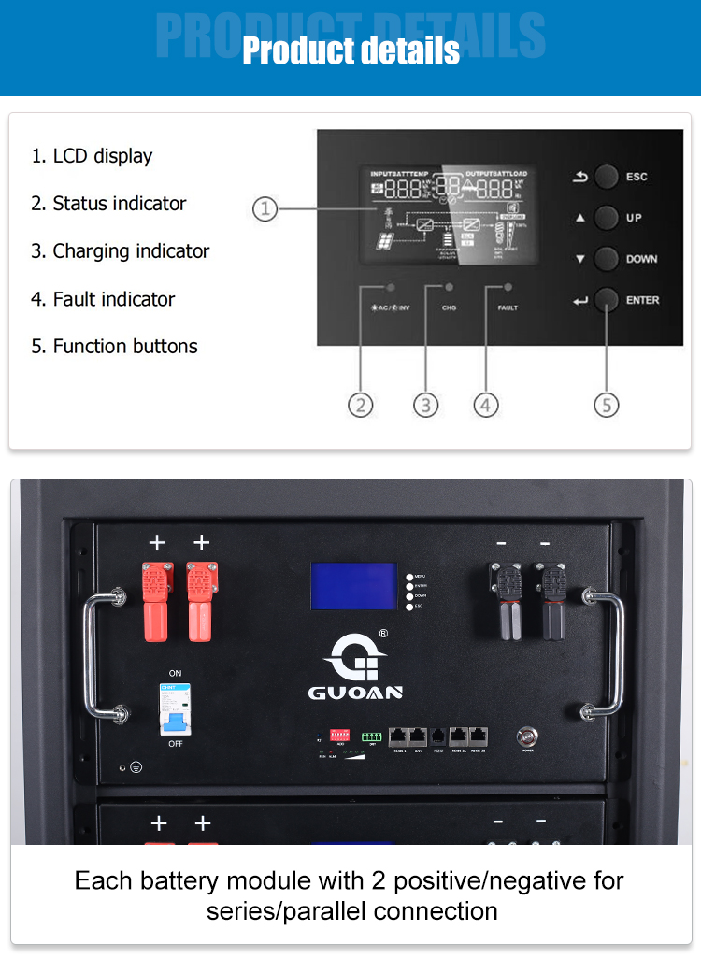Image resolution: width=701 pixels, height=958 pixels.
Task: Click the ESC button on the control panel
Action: coord(607,177)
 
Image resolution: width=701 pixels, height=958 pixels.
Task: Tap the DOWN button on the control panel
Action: coord(607,259)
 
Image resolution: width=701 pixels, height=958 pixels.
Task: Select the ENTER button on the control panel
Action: coord(607,300)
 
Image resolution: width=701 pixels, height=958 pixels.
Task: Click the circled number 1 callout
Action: coord(265,209)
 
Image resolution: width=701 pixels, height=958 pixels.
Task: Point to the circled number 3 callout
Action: coord(425,405)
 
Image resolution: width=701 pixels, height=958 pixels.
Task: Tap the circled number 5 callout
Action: coord(607,405)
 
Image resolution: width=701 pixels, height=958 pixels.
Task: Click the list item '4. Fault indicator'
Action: coord(103,299)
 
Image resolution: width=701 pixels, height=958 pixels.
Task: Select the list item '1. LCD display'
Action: coord(92,156)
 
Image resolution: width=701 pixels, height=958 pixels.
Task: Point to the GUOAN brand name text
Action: coord(355,693)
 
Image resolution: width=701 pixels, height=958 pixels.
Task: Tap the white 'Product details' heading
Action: coord(350,50)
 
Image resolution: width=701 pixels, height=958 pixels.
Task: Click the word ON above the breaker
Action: coord(175,673)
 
